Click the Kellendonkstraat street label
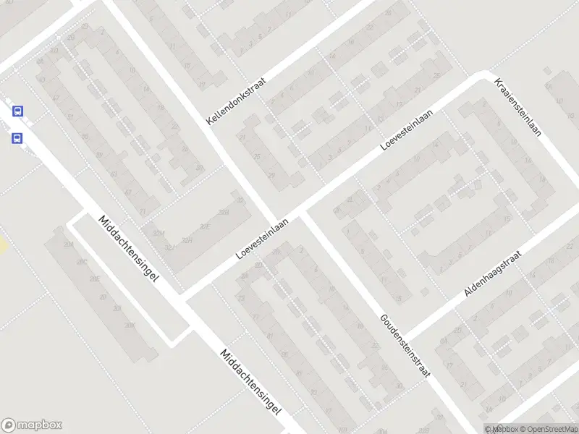236,101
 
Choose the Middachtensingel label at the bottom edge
250,382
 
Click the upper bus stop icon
17,111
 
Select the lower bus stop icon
17,137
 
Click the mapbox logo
32,425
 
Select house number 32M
157,232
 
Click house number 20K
130,325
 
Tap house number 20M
69,245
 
